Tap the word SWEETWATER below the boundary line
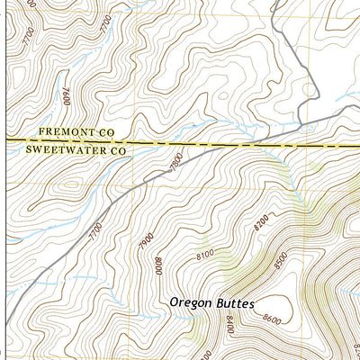coord(62,151)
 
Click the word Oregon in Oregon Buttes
coord(191,303)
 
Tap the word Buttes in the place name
coord(237,303)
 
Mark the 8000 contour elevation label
coord(157,266)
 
